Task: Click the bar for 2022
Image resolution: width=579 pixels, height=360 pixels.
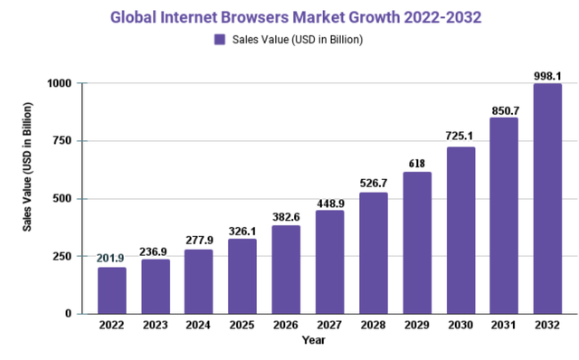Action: [x=112, y=290]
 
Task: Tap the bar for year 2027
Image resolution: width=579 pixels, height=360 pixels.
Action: [x=329, y=262]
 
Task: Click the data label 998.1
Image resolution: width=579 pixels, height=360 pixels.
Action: [x=547, y=74]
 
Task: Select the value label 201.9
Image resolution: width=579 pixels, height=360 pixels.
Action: [x=112, y=258]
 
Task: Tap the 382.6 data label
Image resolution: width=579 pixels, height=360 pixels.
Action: [x=286, y=217]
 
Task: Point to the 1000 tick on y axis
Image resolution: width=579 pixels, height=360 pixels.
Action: [x=60, y=83]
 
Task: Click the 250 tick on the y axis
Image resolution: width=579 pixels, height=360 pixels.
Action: [x=63, y=256]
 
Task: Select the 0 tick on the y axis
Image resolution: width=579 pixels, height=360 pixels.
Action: [x=69, y=314]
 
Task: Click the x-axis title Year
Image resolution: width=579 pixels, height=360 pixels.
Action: [x=313, y=341]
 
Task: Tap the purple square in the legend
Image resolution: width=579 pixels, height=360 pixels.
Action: [x=220, y=39]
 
